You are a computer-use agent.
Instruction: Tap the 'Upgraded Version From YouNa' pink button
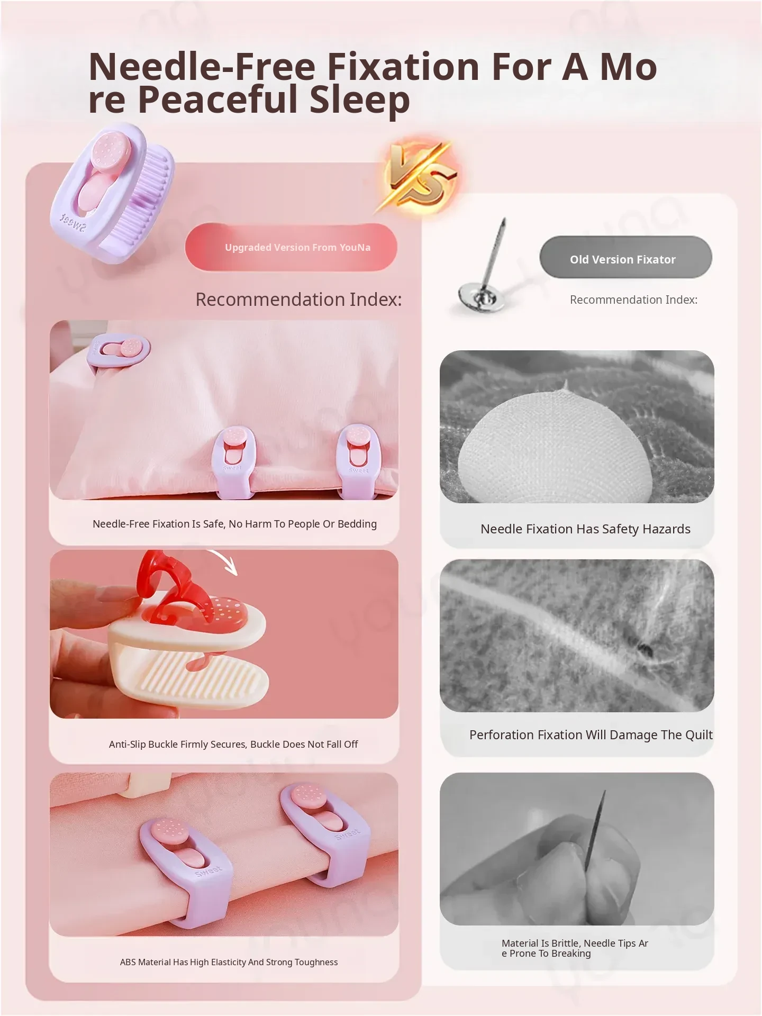(x=291, y=247)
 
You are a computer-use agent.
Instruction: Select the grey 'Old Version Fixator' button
(x=625, y=258)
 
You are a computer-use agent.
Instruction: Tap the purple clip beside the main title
(x=113, y=193)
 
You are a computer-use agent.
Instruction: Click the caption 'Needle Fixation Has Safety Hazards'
(x=585, y=529)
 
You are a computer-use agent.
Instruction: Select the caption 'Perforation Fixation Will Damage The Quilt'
(x=591, y=734)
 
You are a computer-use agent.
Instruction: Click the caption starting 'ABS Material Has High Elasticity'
(x=229, y=962)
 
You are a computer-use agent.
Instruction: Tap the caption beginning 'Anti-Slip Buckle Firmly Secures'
(x=233, y=744)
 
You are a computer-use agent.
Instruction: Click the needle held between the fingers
(x=595, y=831)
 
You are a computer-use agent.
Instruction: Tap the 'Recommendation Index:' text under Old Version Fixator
(x=633, y=300)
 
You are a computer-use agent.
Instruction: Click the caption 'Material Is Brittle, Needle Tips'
(x=575, y=948)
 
